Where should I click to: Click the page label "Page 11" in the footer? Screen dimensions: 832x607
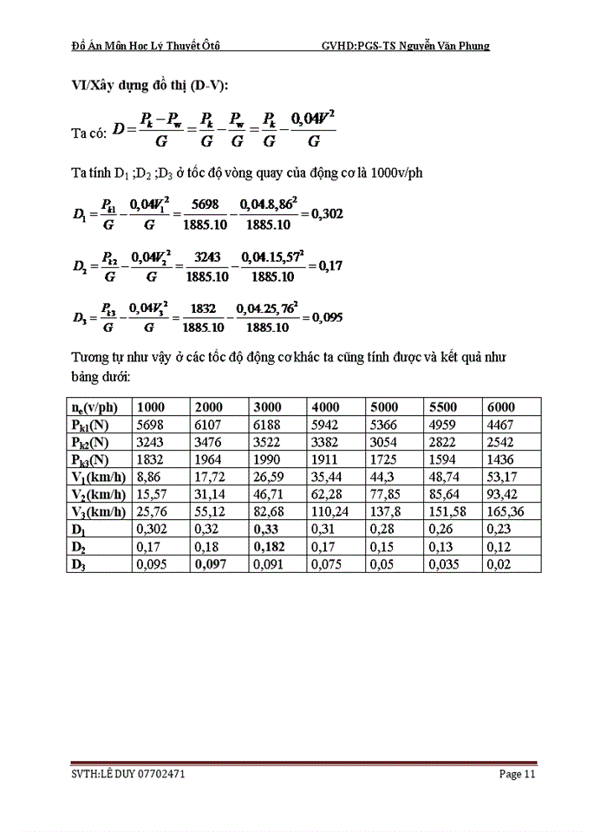click(518, 774)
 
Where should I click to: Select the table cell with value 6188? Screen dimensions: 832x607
click(268, 425)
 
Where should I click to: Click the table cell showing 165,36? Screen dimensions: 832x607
click(507, 511)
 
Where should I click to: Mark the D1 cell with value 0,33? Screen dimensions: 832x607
click(264, 529)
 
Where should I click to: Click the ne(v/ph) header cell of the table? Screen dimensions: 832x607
click(101, 407)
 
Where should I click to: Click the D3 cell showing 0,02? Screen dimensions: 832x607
click(498, 563)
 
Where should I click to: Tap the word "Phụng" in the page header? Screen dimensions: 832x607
click(473, 45)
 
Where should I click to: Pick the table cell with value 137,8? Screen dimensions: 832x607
click(386, 511)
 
